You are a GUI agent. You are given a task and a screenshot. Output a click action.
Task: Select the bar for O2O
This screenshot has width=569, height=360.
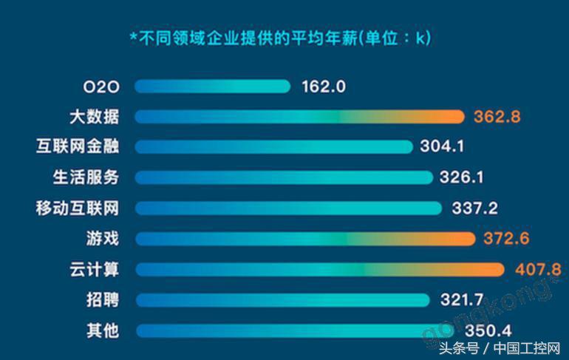click(212, 86)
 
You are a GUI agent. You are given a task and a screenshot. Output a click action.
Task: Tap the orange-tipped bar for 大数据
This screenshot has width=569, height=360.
click(299, 117)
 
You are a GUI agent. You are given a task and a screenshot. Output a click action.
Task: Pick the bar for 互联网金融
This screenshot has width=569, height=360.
click(274, 146)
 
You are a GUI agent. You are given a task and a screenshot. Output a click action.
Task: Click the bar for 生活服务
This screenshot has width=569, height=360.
click(284, 177)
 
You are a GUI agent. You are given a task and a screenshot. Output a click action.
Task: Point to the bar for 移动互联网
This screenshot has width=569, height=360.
click(288, 208)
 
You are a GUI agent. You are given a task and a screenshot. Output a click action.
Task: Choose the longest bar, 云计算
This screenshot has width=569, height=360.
click(319, 269)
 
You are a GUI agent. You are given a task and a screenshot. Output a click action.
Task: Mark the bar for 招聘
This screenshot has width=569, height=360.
click(282, 299)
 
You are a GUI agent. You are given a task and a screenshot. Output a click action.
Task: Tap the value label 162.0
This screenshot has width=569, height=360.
click(324, 86)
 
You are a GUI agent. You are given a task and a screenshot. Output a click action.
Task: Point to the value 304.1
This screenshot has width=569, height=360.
click(442, 146)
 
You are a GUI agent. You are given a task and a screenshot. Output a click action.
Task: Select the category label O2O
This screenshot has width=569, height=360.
click(101, 86)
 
